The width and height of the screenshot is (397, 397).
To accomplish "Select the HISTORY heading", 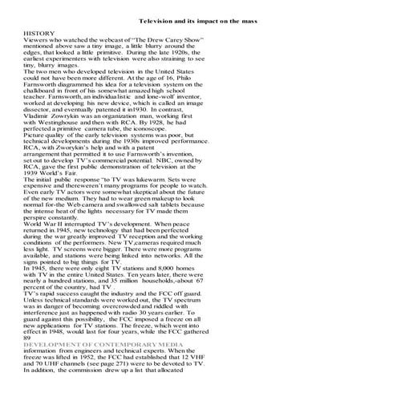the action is point(39,33).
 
